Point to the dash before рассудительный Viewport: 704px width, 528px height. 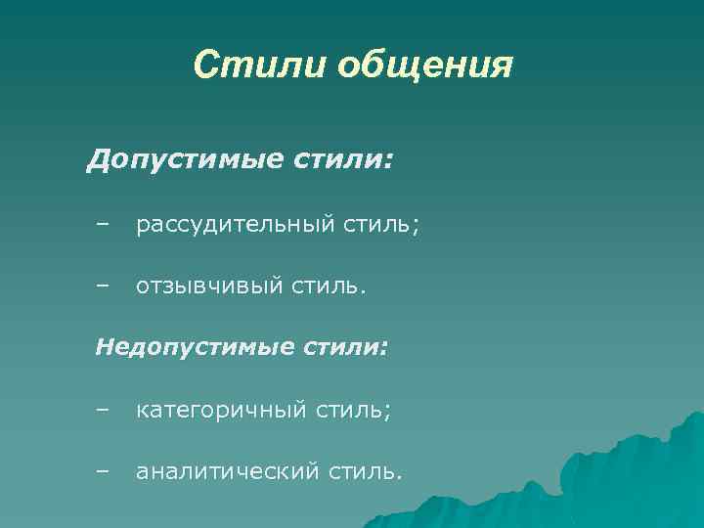click(104, 225)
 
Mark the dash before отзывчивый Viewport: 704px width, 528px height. click(104, 286)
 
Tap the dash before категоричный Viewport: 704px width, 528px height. click(104, 411)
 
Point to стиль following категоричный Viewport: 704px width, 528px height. click(350, 412)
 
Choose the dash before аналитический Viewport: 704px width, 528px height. click(104, 471)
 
